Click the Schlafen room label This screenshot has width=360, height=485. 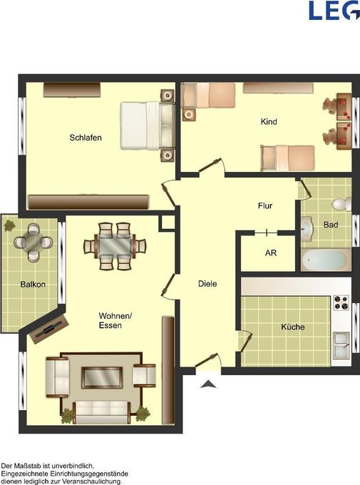86,138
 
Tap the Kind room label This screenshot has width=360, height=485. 269,121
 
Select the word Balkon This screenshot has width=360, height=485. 33,285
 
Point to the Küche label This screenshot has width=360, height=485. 292,327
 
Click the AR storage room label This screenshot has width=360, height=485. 271,253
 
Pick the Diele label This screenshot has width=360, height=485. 207,284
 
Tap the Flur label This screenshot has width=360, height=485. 265,205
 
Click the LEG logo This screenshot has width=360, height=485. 334,11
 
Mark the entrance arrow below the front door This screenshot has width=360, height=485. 208,384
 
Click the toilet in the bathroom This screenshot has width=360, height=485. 341,204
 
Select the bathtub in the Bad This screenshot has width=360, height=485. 326,260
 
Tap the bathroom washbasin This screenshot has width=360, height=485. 307,229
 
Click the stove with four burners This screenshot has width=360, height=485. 341,302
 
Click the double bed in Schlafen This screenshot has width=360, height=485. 148,126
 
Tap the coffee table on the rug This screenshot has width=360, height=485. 102,377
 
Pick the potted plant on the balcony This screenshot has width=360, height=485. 9,225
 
